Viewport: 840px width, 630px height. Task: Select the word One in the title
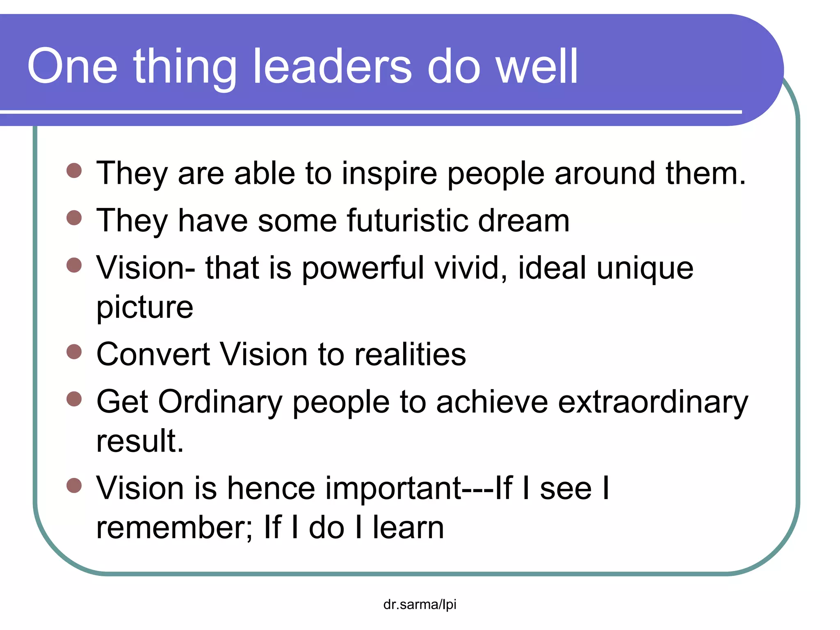coord(72,66)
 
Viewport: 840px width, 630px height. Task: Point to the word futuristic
coord(407,221)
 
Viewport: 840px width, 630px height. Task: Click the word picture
coord(144,308)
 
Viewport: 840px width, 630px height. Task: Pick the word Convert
coord(153,354)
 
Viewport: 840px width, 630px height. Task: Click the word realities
coord(410,354)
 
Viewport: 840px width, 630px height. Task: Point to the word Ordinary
coord(220,402)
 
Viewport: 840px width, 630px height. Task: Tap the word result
coord(139,441)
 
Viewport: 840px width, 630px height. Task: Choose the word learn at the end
coord(408,528)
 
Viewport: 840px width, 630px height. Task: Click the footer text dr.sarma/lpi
coord(420,604)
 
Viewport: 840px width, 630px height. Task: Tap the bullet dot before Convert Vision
coord(74,352)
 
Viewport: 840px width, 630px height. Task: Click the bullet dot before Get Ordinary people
coord(74,399)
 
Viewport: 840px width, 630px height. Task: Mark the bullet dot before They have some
coord(74,218)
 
